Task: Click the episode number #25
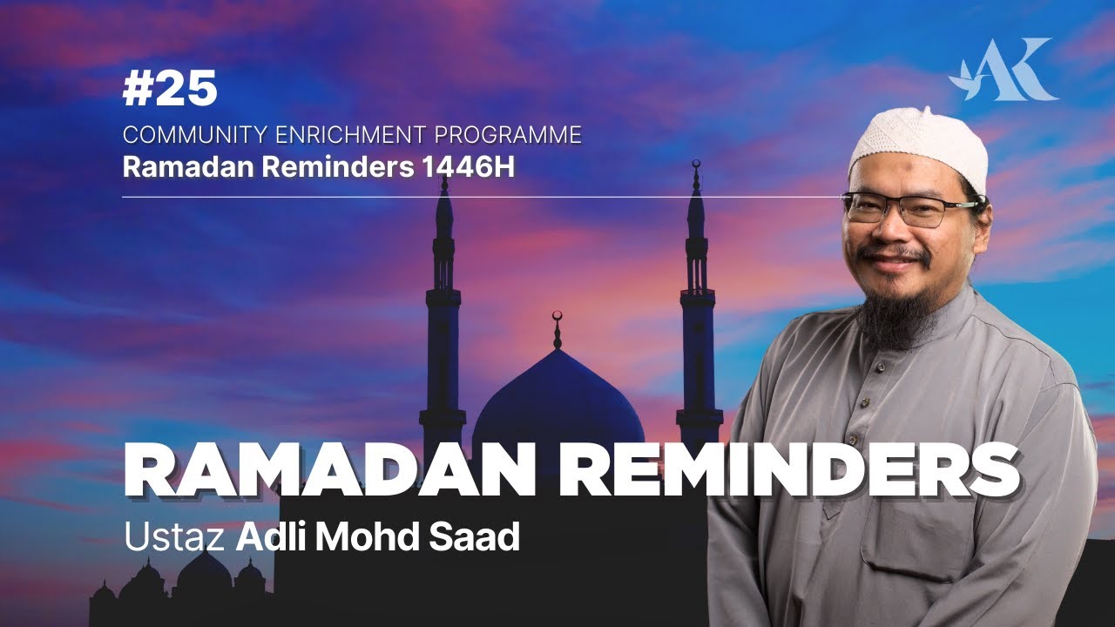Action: (170, 89)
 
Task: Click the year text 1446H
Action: (468, 168)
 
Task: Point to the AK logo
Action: (1004, 70)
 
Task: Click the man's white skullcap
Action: (918, 147)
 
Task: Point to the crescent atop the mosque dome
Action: (557, 316)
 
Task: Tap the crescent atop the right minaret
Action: (696, 164)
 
